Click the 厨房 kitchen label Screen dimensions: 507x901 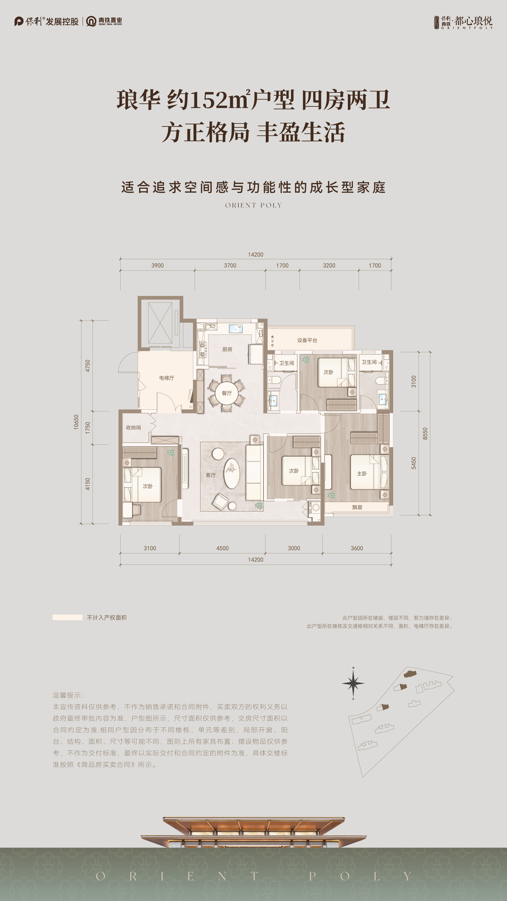(x=227, y=349)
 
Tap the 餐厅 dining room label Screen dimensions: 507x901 (x=227, y=393)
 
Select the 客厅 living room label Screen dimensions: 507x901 (x=211, y=475)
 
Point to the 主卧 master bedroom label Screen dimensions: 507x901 (x=362, y=473)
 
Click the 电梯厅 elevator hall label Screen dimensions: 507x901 (x=167, y=378)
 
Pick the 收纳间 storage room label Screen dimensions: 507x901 (x=133, y=428)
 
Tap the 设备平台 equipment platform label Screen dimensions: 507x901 (x=307, y=340)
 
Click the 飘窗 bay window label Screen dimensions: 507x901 (x=357, y=507)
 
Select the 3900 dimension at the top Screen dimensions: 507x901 (x=158, y=266)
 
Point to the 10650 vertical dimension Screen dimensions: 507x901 (x=76, y=422)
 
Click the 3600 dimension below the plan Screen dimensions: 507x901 (x=357, y=548)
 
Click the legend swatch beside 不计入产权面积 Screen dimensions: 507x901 (x=67, y=617)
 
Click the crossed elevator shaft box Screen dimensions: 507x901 (x=160, y=323)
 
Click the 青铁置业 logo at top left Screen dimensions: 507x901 (x=104, y=21)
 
